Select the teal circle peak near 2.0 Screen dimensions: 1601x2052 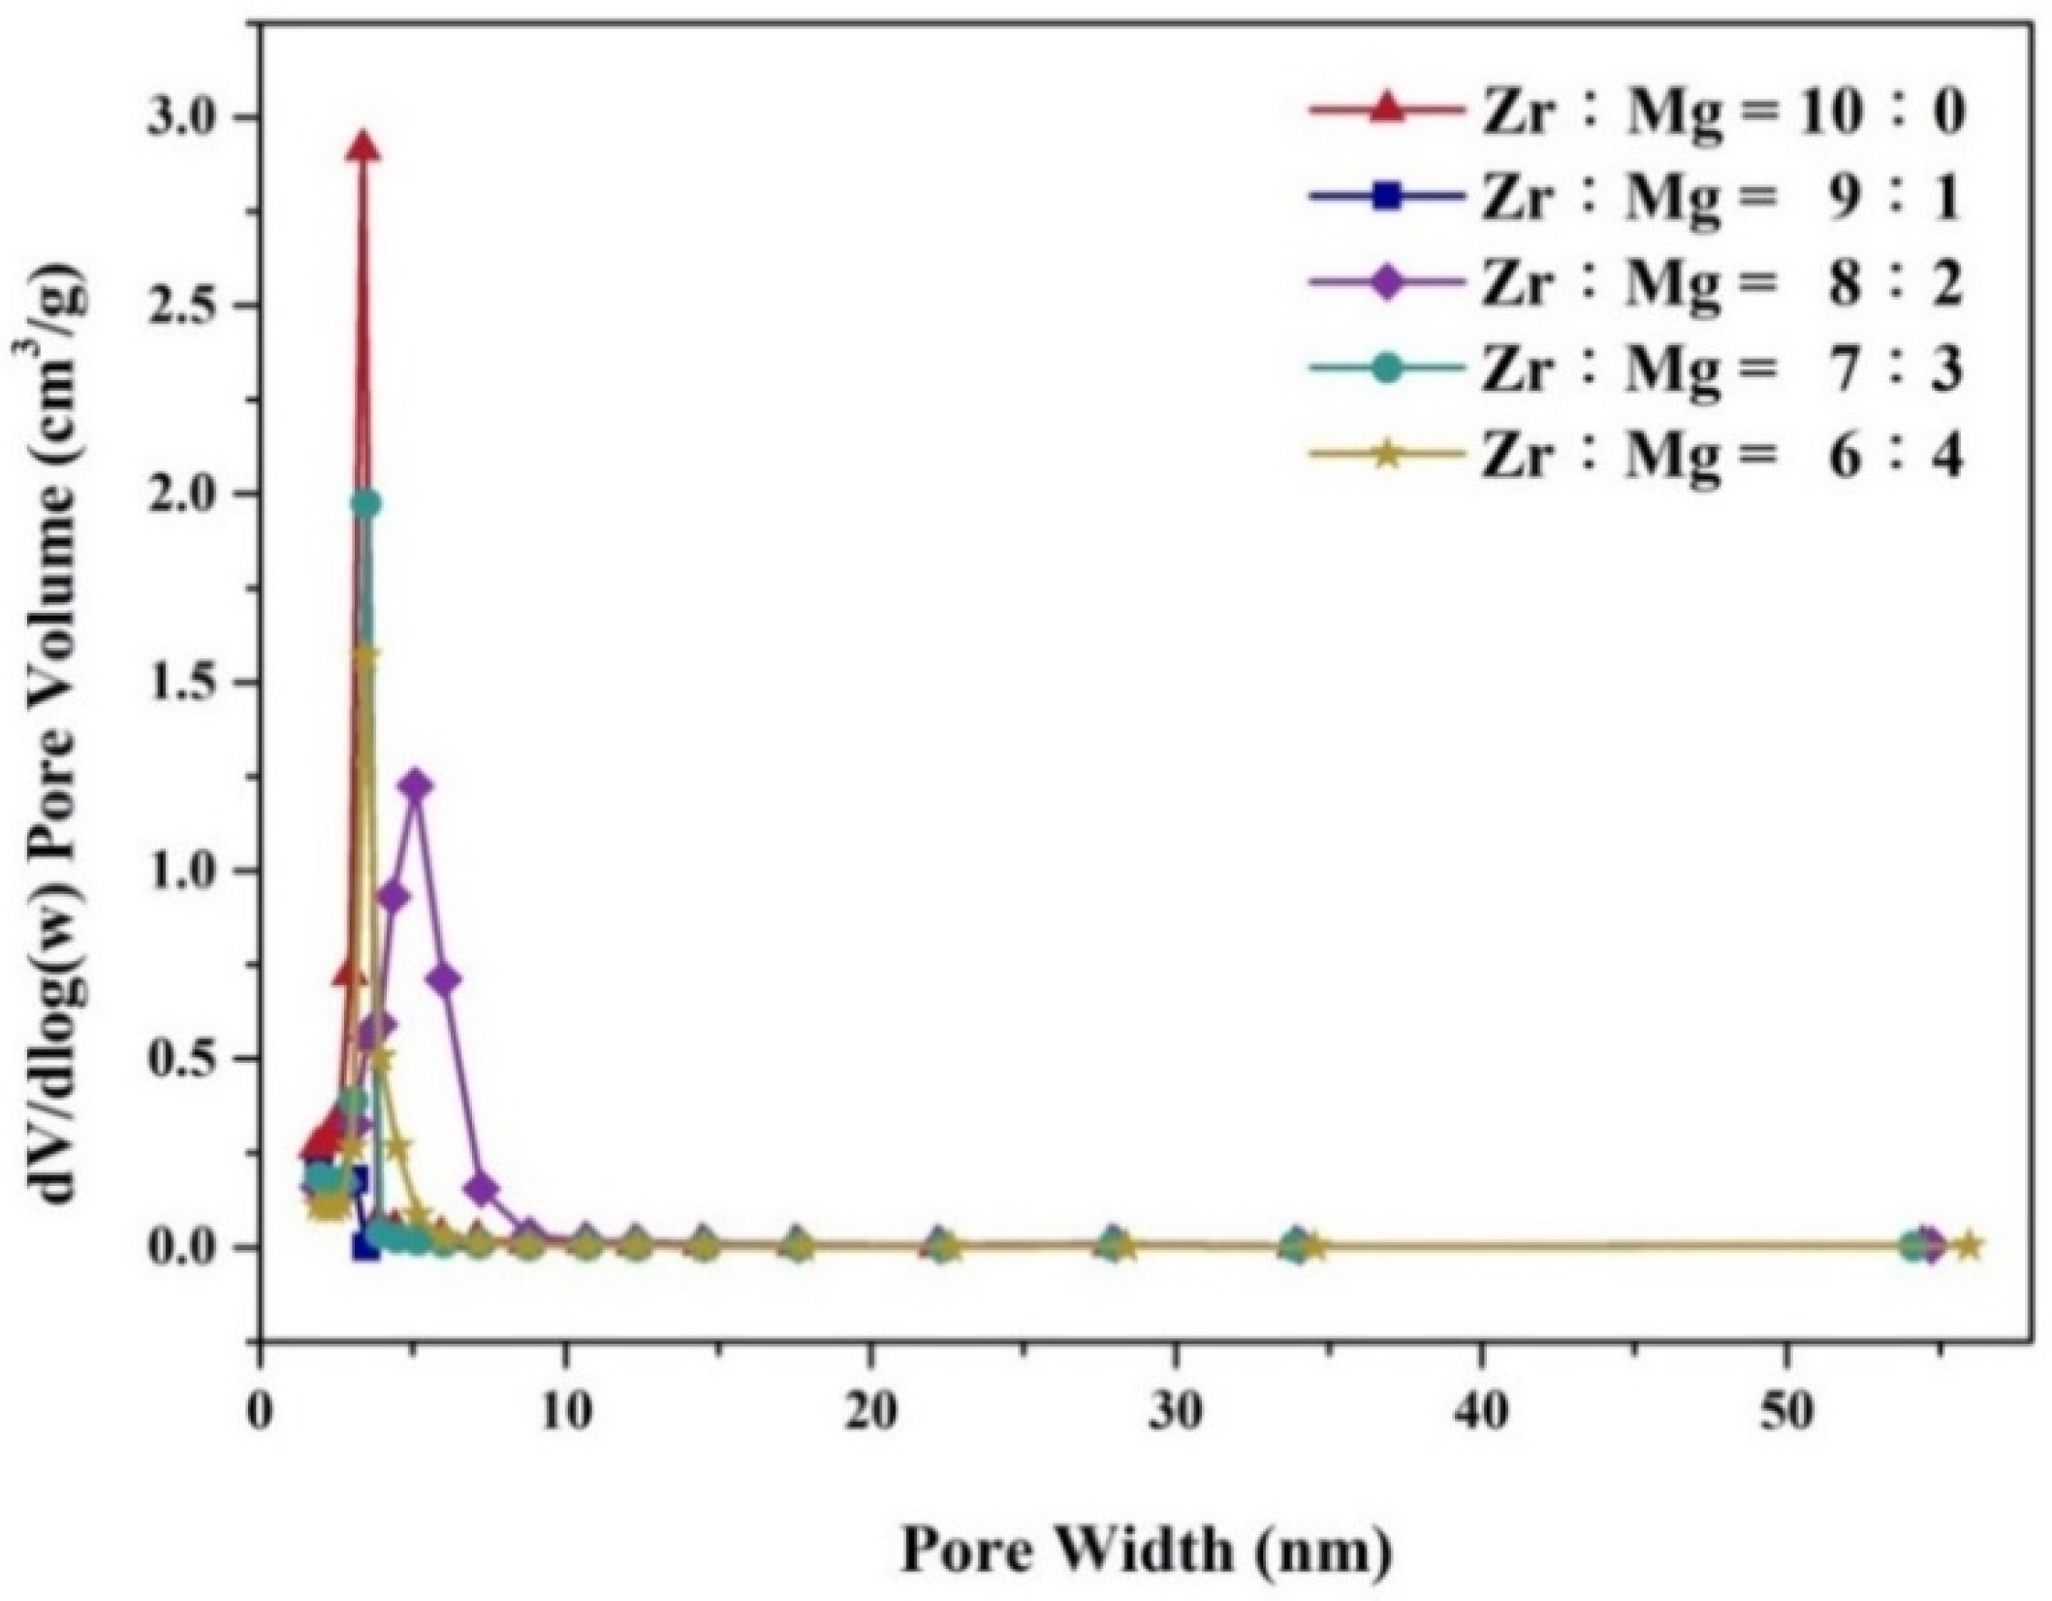(x=365, y=503)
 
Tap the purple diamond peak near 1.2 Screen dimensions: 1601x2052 (x=417, y=784)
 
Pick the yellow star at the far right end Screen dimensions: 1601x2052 (x=1969, y=1245)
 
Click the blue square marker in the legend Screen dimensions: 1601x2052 (x=1388, y=199)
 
